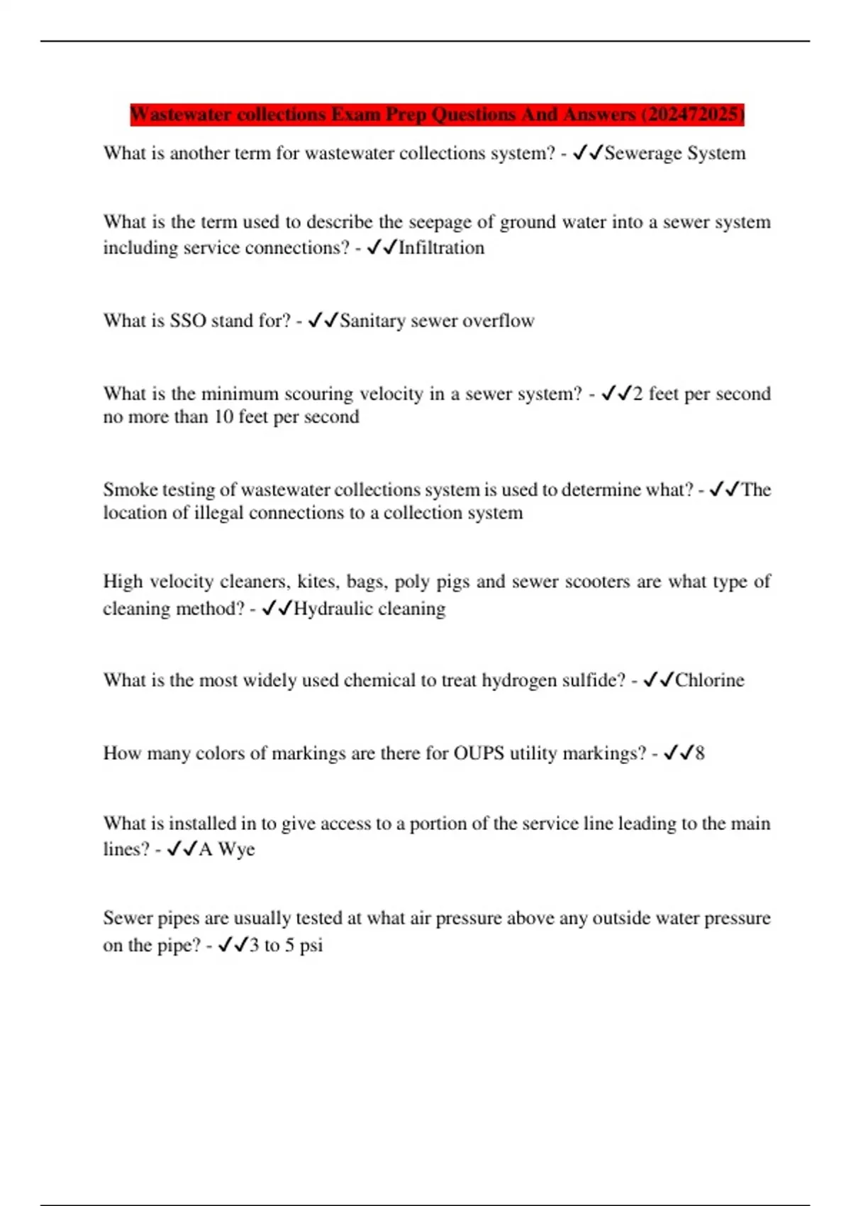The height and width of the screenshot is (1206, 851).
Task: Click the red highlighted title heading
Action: pyautogui.click(x=437, y=114)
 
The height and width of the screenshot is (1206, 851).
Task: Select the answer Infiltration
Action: pyautogui.click(x=441, y=248)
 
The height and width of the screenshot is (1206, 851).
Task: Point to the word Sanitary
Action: pyautogui.click(x=372, y=321)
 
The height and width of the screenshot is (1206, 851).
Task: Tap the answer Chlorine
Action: pyautogui.click(x=709, y=680)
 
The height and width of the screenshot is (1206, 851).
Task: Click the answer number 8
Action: pyautogui.click(x=700, y=753)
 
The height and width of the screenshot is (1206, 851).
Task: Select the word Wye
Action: pyautogui.click(x=236, y=849)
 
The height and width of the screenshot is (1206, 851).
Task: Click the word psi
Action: pyautogui.click(x=311, y=946)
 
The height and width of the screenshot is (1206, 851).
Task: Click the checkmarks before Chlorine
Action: pyautogui.click(x=657, y=680)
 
